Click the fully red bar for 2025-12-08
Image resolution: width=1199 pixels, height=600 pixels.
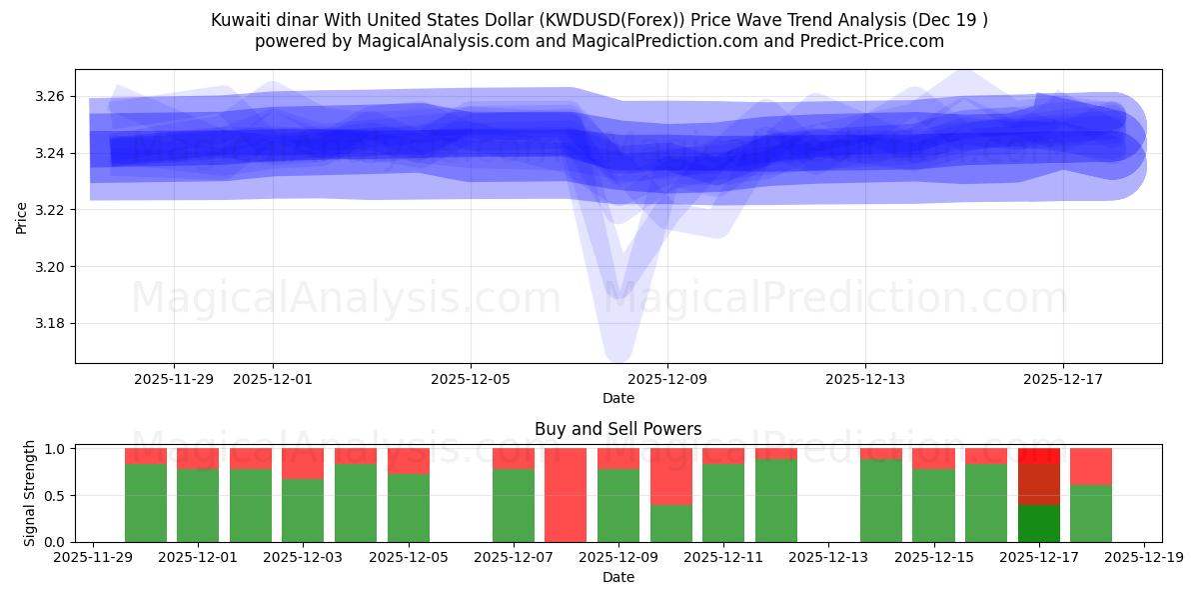click(566, 495)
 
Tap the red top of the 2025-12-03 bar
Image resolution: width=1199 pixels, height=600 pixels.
click(303, 464)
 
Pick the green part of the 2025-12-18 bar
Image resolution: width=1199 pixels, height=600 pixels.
click(1091, 513)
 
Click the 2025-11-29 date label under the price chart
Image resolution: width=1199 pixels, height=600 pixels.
click(173, 379)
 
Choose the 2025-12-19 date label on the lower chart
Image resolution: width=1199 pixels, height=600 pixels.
click(1143, 558)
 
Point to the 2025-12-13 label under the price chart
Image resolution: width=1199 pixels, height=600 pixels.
click(864, 379)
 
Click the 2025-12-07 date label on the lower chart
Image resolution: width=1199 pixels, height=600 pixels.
click(514, 558)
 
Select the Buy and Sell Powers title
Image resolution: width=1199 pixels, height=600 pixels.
click(617, 429)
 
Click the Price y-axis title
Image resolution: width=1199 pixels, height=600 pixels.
click(22, 216)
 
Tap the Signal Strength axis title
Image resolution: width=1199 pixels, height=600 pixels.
click(30, 493)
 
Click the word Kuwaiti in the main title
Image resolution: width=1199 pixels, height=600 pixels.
click(240, 20)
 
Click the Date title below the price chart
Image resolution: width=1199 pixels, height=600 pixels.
click(617, 398)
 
